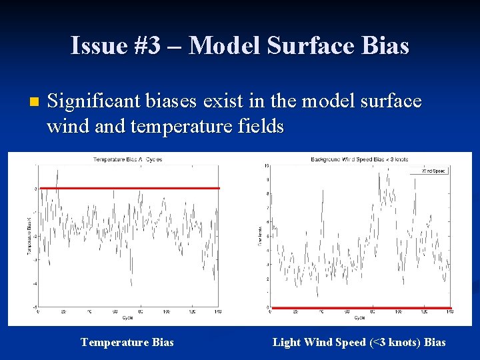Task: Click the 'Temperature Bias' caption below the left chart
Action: point(127,342)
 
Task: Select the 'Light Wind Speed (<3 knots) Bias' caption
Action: point(359,342)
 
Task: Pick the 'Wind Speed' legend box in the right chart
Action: point(433,171)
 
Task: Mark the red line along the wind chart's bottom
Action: point(361,308)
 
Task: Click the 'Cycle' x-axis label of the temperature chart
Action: point(127,317)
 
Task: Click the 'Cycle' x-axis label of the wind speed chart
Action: point(359,317)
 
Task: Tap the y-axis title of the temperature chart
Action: point(29,237)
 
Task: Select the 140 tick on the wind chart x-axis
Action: point(449,312)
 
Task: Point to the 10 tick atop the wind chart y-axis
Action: point(267,165)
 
